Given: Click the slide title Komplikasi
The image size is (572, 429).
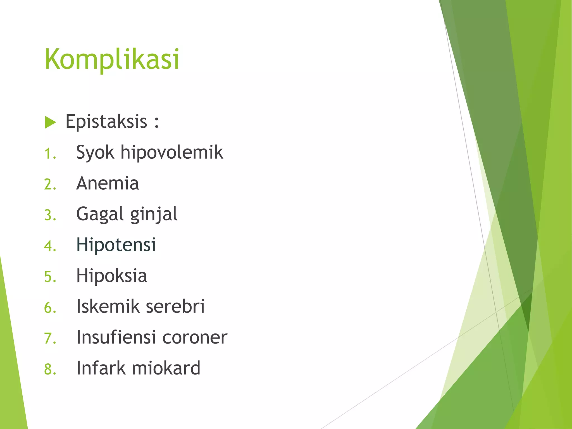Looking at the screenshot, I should [112, 59].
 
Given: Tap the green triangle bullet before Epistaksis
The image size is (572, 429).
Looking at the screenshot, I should [50, 122].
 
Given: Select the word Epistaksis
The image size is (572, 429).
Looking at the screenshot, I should [106, 122].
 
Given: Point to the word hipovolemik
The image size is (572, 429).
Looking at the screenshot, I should [172, 152].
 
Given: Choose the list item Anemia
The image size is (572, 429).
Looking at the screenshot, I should [108, 183].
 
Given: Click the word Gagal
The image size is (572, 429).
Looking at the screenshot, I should [100, 214].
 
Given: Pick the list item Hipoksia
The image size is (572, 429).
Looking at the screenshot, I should [112, 276].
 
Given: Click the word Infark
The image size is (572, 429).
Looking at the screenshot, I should [101, 368].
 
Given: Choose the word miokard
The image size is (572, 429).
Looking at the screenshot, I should [166, 368].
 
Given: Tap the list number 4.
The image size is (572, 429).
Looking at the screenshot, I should [50, 246].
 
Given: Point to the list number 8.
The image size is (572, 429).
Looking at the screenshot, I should [50, 369].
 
